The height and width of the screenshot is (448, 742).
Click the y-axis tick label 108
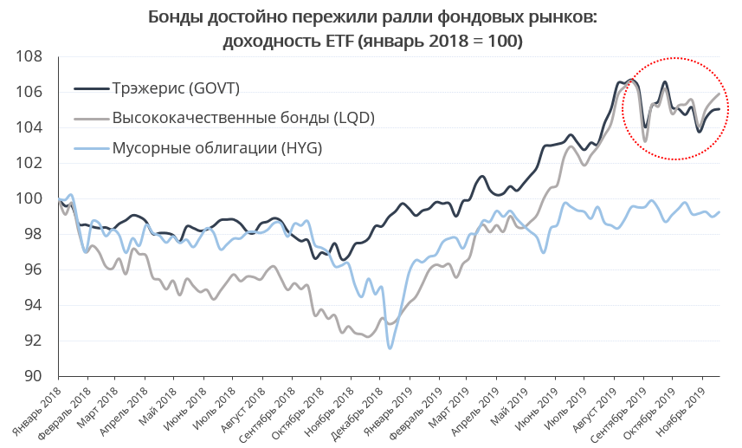coord(29,56)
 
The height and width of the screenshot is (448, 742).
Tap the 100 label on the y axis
coord(29,198)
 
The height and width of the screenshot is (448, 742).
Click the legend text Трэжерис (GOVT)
coord(176,88)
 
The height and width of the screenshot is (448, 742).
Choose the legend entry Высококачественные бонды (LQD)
coord(243,118)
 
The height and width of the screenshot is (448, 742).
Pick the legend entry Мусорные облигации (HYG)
coord(217,148)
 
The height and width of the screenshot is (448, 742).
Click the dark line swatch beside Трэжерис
coord(91,88)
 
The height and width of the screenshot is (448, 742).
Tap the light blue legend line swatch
coord(91,148)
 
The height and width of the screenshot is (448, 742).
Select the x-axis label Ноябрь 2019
coord(681,404)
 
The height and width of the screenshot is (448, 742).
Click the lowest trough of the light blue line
coord(390,348)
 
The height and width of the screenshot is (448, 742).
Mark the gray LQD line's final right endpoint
coord(719,94)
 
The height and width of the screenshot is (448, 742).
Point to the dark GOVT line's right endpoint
coord(719,109)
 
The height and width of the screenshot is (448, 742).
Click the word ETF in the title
coord(339,42)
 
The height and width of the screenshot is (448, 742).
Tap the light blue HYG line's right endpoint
coord(719,212)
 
